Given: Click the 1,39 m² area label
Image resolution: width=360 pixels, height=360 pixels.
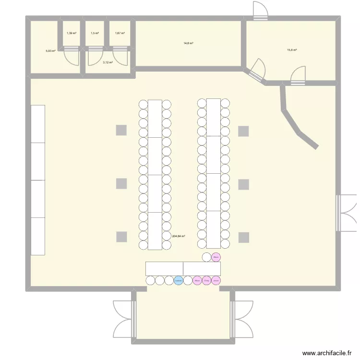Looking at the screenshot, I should [71, 33].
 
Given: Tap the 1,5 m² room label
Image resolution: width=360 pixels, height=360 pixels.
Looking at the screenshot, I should [95, 33].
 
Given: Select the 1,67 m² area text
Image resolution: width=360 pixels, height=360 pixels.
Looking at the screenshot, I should [120, 33].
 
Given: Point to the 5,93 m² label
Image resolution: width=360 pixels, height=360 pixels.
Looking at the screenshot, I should [50, 50].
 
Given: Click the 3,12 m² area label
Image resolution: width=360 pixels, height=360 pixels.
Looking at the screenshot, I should [108, 62].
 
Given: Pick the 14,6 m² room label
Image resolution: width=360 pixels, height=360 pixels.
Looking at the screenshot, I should [188, 43].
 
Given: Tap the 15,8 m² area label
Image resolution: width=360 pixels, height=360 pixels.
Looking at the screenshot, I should [292, 50].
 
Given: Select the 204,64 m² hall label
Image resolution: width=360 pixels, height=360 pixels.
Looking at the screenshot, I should [179, 236].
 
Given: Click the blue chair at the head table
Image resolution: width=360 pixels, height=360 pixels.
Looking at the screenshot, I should [178, 280].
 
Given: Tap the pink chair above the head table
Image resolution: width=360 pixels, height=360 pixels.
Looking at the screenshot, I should [216, 257].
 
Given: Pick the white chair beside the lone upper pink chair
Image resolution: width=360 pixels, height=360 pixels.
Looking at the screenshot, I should [206, 257].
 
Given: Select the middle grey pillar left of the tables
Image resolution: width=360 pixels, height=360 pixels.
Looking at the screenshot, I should [121, 183].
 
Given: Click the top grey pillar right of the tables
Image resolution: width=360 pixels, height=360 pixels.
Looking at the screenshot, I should [244, 131].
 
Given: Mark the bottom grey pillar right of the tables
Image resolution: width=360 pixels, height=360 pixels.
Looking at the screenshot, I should [244, 237].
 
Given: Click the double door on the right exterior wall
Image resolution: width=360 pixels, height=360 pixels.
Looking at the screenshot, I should [345, 213].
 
